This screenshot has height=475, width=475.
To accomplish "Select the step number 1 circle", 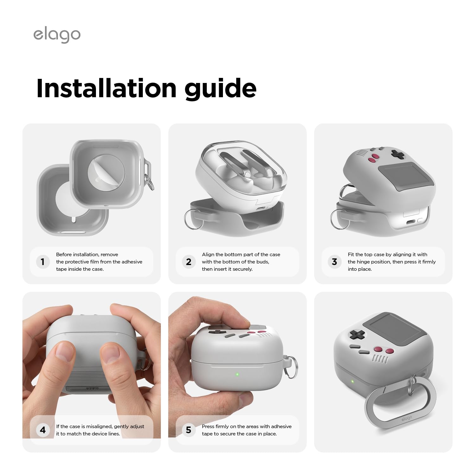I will tap(43, 262).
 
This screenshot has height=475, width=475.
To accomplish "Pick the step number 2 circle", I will tap(189, 262).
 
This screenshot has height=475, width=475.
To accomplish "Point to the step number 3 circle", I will tap(334, 262).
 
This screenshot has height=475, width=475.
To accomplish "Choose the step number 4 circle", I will tap(43, 430).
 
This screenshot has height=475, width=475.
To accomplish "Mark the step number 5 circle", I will tap(189, 430).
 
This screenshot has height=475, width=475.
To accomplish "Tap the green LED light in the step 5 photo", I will tap(237, 375).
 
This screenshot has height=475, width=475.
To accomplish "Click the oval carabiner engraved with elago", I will tap(401, 402).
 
